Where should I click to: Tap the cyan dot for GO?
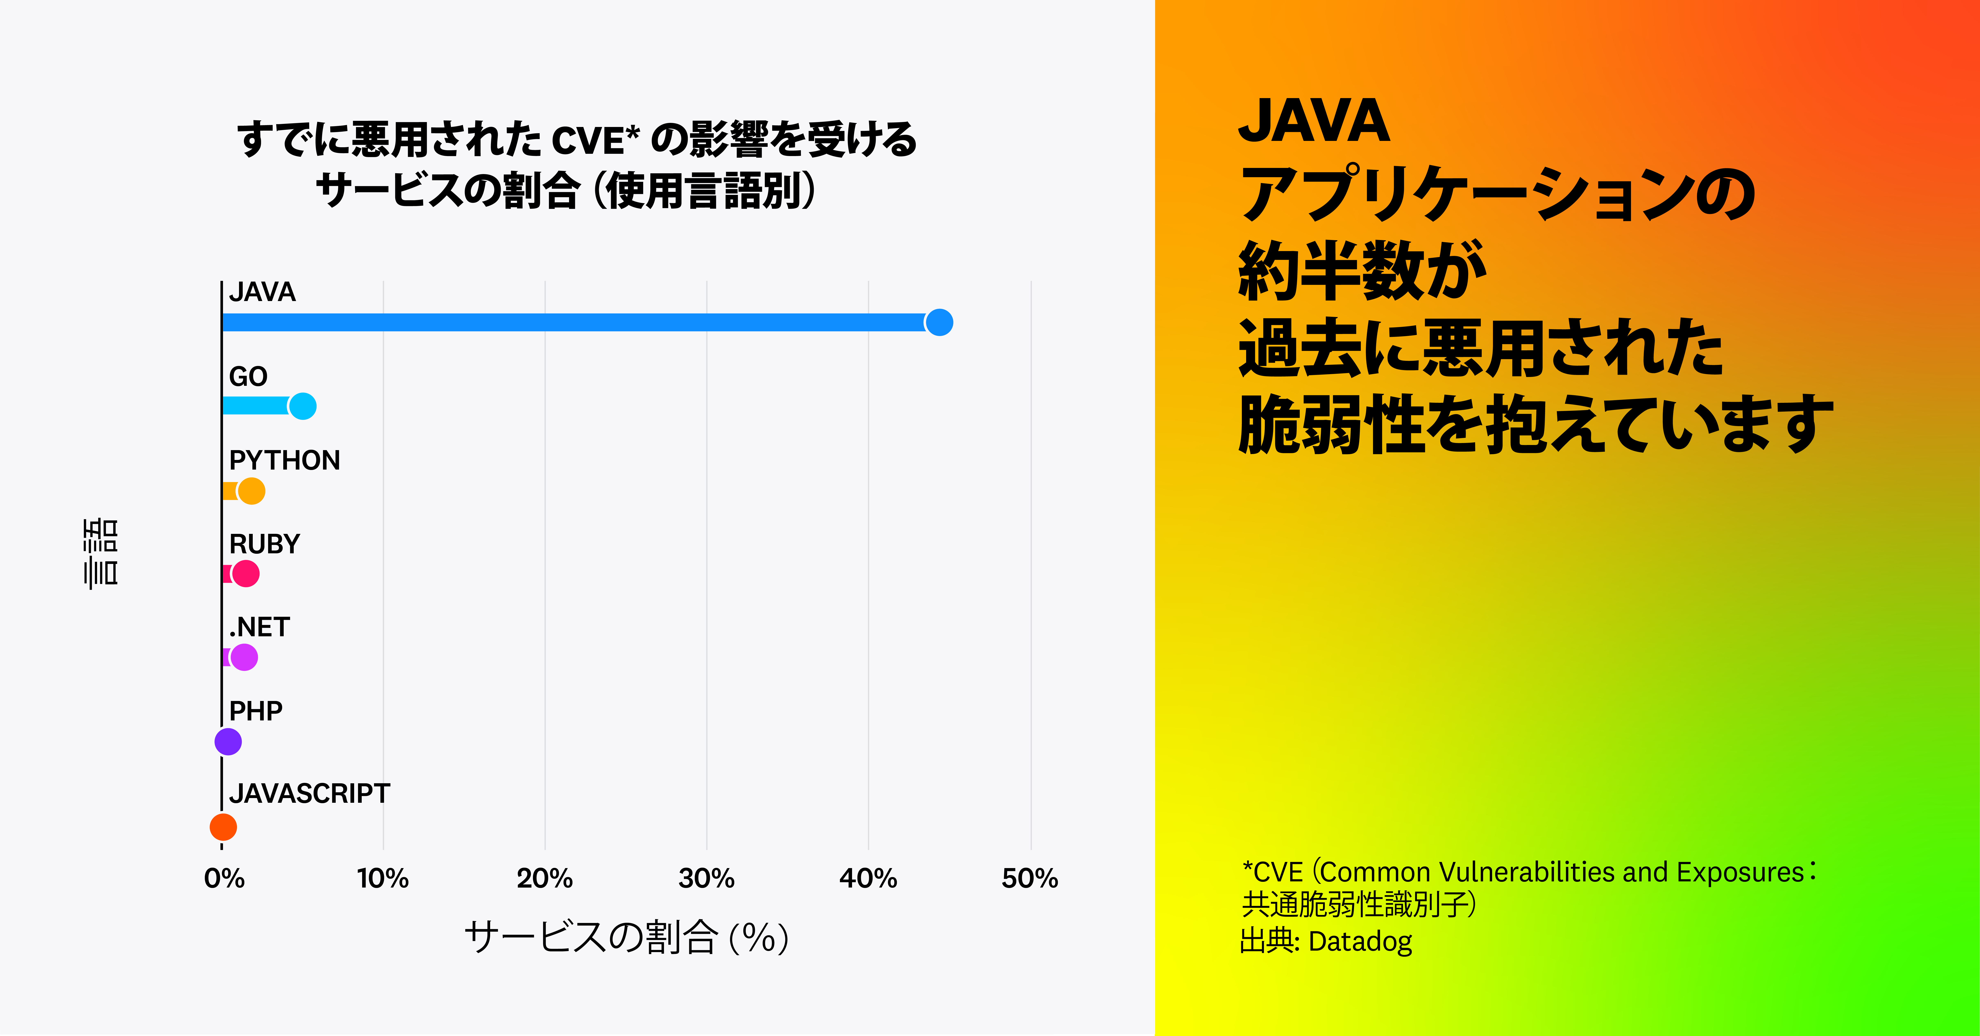click(303, 406)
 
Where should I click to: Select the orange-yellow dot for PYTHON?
click(251, 490)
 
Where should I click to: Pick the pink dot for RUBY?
click(245, 573)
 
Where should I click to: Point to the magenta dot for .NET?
click(244, 657)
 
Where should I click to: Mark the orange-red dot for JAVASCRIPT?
click(223, 827)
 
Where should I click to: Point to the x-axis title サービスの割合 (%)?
click(626, 937)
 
